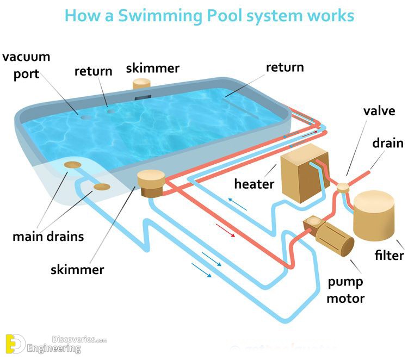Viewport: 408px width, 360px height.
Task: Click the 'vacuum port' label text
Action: [27, 65]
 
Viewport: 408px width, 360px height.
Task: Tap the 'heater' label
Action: [254, 183]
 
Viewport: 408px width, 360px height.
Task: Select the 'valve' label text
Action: [379, 111]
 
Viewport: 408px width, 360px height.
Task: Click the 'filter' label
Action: [390, 256]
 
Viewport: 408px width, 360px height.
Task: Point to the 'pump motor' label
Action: [346, 290]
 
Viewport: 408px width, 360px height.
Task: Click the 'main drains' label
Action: [48, 237]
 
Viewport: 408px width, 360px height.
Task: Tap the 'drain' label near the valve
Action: [388, 143]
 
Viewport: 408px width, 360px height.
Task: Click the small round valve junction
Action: [343, 188]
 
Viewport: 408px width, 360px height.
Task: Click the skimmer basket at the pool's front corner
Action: [151, 184]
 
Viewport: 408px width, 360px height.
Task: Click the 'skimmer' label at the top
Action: [153, 69]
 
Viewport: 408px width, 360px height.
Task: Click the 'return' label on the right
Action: [285, 67]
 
